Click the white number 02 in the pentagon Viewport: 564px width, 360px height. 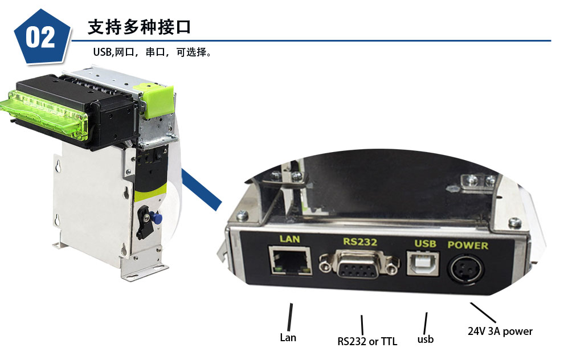point(40,38)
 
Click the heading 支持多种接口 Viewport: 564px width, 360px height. point(139,27)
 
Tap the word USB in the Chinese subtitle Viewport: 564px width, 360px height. point(102,52)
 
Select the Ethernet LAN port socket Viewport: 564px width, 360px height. point(291,260)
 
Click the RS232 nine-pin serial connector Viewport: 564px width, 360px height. point(359,264)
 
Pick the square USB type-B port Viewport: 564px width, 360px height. point(423,263)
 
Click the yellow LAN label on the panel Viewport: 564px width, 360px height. point(290,239)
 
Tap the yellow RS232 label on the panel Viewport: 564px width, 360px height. point(359,242)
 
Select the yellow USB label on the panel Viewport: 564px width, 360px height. point(425,244)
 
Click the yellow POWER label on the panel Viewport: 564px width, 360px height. point(468,246)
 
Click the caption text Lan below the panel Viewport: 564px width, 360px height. point(288,337)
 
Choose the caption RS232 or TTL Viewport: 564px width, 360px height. point(367,341)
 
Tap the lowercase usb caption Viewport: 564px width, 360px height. point(426,339)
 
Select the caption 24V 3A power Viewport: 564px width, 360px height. point(500,331)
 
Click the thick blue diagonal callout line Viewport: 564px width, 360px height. point(202,190)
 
